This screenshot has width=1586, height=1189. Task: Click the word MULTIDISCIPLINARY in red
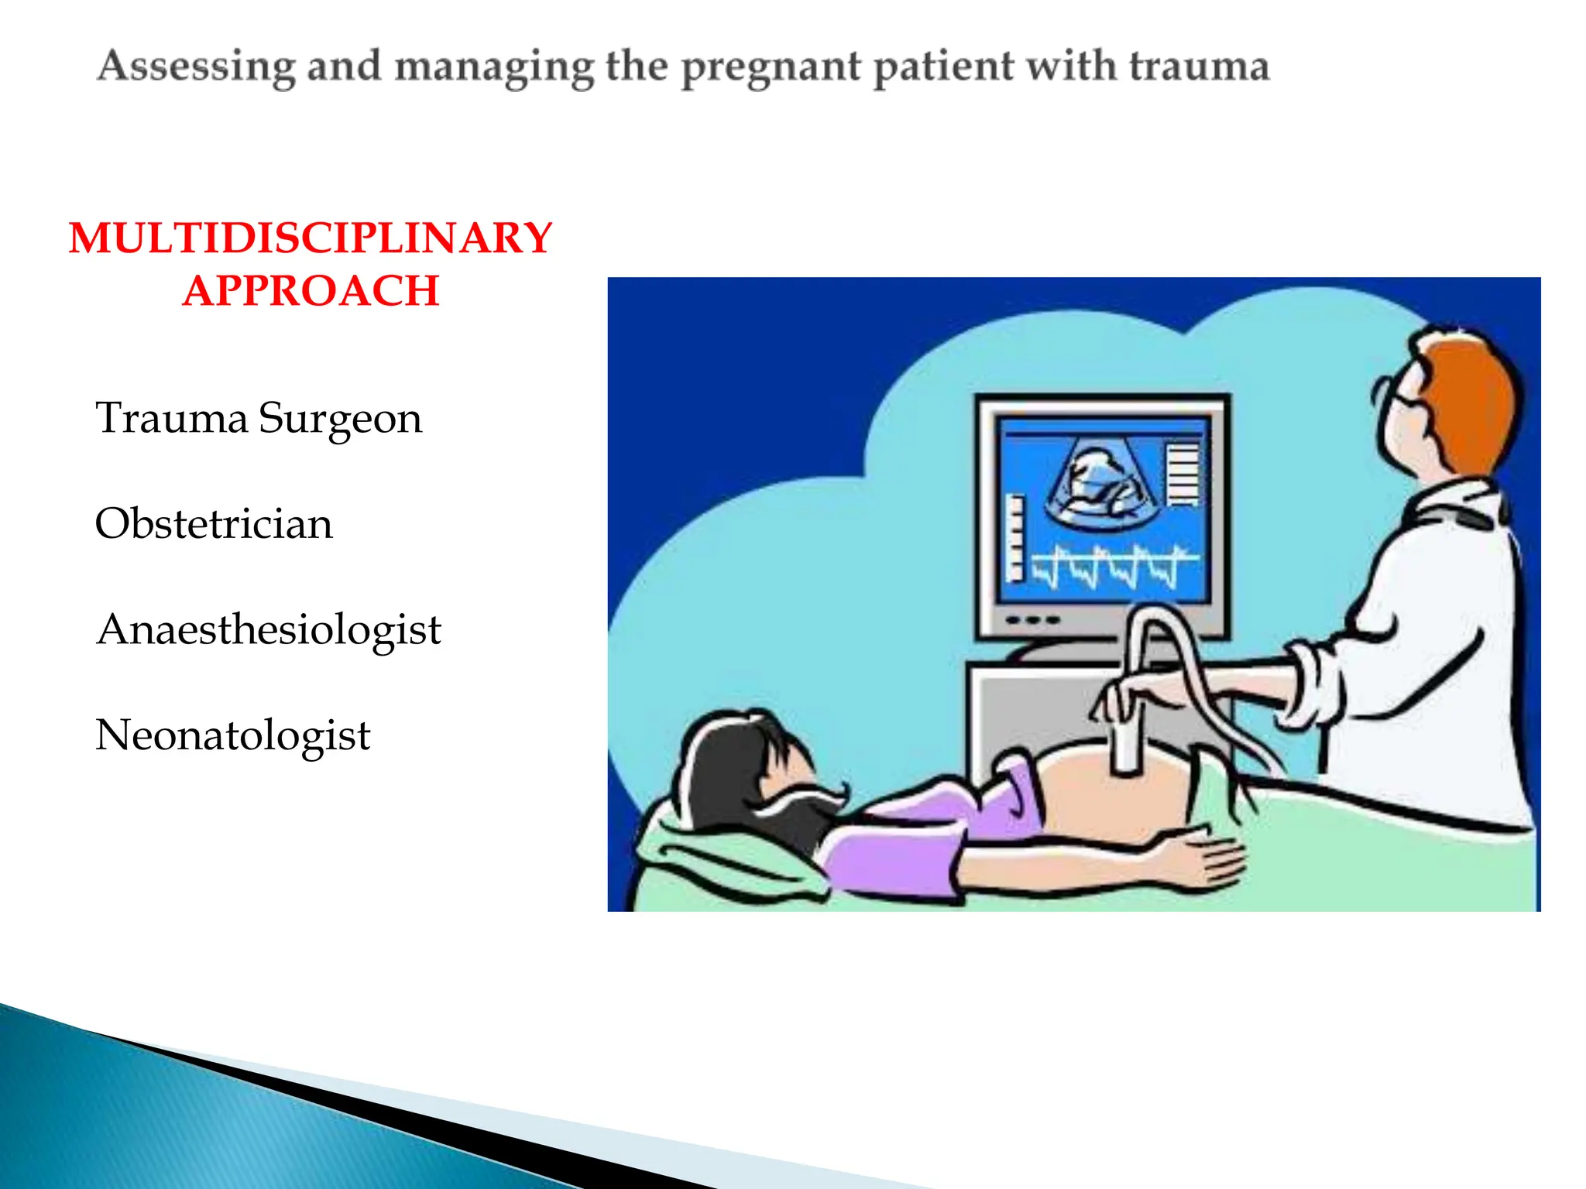[311, 238]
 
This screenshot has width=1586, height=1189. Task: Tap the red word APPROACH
[311, 291]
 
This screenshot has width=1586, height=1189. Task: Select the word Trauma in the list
[171, 418]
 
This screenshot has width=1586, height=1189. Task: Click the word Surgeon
[340, 420]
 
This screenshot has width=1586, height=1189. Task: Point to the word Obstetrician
[214, 524]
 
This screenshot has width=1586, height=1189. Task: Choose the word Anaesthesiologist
[269, 630]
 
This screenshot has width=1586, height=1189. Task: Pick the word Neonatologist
[232, 735]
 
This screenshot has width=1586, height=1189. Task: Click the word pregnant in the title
[771, 67]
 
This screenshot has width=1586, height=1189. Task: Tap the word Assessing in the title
[196, 67]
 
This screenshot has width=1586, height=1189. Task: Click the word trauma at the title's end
[1199, 67]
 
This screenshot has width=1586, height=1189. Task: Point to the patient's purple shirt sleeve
[891, 859]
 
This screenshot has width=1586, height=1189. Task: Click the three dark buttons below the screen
[1032, 620]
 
